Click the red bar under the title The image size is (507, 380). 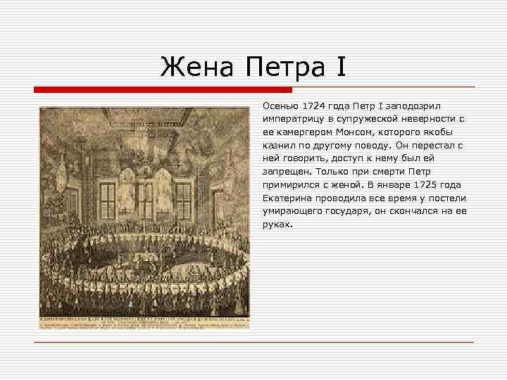163,89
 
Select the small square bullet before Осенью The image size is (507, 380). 256,105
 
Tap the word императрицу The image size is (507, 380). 293,118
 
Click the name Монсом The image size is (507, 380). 370,132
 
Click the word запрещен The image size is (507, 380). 286,172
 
